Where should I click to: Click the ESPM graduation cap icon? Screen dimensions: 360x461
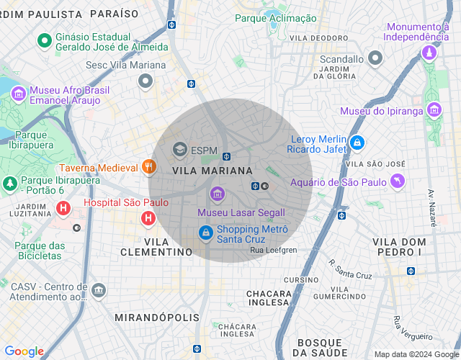point(179,149)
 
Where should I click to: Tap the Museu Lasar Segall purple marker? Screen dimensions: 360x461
point(217,193)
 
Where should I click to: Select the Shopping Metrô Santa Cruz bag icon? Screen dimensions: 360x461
point(206,233)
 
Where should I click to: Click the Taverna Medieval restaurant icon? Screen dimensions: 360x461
point(149,167)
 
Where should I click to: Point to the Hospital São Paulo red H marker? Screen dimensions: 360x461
point(148,217)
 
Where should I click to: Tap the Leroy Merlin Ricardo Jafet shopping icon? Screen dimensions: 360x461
point(357,143)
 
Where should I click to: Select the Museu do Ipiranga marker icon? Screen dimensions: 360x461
point(434,110)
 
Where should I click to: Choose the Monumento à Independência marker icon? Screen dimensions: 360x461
point(429,53)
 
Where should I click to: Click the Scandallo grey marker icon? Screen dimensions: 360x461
point(375,58)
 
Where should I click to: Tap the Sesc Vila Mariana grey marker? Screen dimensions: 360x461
point(146,81)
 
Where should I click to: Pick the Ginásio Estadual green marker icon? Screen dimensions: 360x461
point(44,40)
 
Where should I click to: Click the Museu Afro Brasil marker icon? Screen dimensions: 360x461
point(18,94)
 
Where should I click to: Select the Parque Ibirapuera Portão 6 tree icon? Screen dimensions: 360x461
point(10,184)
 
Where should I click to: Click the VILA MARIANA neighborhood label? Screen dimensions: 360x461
point(213,171)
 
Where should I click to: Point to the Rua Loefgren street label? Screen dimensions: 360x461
point(273,250)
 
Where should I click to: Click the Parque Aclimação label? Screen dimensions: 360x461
point(276,18)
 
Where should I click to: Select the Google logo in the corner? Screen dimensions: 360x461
point(24,351)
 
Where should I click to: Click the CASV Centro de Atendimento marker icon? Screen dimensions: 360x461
point(99,290)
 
